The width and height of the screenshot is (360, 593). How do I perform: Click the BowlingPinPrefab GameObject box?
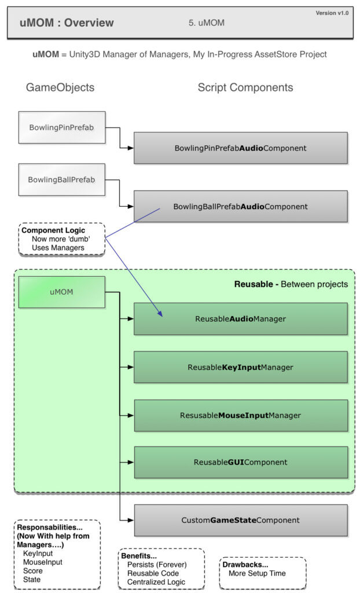(61, 127)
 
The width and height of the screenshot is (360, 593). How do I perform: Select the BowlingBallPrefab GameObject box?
(61, 180)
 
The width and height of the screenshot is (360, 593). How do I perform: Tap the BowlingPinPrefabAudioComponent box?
(240, 148)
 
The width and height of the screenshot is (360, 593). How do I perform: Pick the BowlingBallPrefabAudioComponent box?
(240, 206)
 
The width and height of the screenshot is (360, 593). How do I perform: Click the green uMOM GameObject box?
(61, 292)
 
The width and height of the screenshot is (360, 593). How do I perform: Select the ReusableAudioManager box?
(240, 319)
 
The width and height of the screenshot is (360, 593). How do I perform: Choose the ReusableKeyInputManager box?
(240, 367)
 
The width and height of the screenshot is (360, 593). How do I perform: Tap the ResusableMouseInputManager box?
(240, 415)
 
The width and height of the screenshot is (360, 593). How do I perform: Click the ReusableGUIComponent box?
(240, 462)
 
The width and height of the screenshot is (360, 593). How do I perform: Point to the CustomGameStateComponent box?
(240, 520)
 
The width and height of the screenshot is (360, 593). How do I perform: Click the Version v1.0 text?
(332, 13)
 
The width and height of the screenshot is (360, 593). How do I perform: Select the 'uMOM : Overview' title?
(67, 23)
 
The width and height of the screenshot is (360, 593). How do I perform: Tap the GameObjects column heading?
(60, 87)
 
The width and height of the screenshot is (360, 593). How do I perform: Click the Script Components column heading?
(245, 87)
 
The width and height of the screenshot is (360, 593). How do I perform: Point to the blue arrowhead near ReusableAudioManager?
(160, 314)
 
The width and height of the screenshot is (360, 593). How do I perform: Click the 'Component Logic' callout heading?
(53, 230)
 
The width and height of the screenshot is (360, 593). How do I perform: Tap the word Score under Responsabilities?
(32, 570)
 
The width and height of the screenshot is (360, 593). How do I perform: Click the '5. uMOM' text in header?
(206, 23)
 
